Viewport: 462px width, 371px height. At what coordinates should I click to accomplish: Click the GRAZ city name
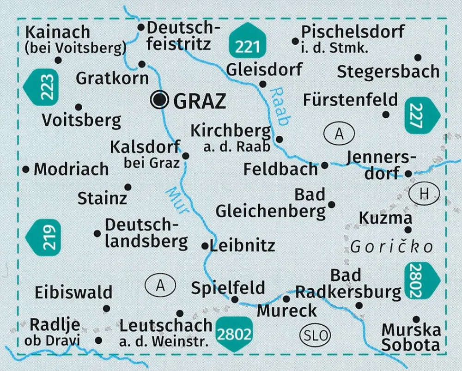(x=200, y=100)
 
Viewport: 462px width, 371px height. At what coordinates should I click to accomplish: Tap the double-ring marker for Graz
(x=160, y=99)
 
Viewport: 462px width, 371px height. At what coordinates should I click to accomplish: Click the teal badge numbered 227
(x=422, y=114)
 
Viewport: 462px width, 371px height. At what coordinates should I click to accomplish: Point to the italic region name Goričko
(x=391, y=247)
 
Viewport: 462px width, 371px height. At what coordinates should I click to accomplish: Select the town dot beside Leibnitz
(x=205, y=246)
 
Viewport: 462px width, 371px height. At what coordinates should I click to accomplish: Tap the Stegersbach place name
(x=388, y=72)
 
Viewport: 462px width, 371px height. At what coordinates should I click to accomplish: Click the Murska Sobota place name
(x=411, y=337)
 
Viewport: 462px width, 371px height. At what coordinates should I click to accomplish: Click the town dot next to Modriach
(x=26, y=170)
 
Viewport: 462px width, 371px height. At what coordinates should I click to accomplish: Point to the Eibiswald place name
(x=73, y=292)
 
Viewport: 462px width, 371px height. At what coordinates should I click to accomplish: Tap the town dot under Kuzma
(x=408, y=230)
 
